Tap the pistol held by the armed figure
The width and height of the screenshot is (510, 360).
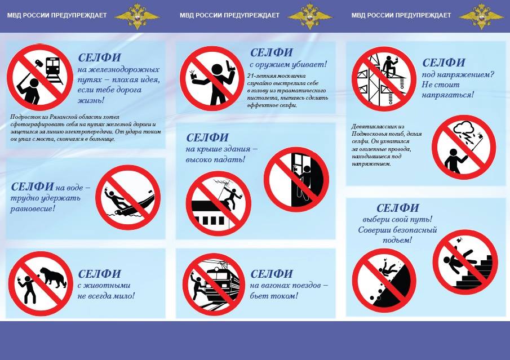click(230, 65)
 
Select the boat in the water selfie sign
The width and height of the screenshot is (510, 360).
click(134, 205)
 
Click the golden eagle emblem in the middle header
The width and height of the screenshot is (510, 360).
click(309, 16)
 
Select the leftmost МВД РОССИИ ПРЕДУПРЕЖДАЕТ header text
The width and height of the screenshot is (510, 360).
click(57, 15)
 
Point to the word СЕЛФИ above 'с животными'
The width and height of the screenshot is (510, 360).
click(99, 274)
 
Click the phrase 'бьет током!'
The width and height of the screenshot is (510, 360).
click(273, 296)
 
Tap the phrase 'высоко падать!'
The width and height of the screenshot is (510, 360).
click(215, 159)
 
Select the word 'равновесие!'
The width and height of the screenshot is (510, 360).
click(33, 209)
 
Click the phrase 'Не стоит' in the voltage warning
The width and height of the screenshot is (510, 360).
click(441, 85)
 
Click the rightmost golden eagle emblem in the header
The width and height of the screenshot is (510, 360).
click(481, 16)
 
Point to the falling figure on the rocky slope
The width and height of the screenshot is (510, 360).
click(388, 268)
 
